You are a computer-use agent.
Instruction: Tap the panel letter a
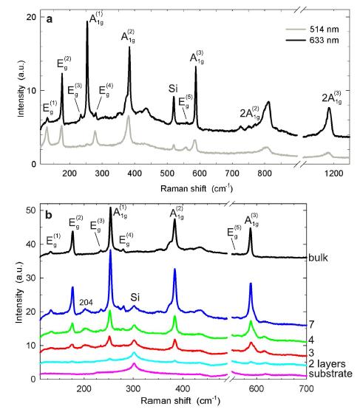coord(49,20)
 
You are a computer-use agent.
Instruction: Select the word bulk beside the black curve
coord(335,258)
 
